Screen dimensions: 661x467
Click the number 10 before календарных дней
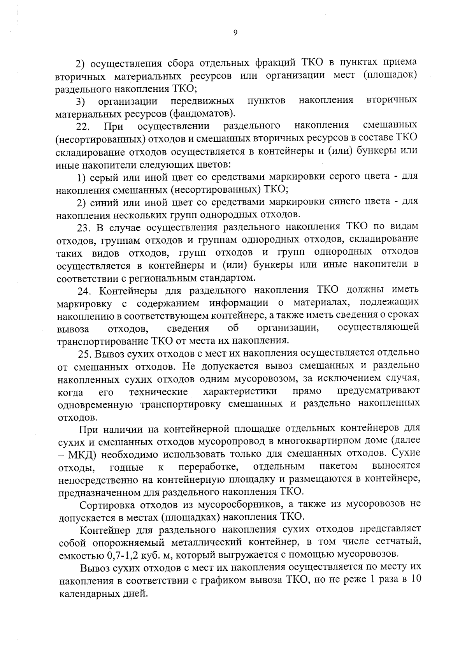tap(414, 580)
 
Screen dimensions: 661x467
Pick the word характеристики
tap(240, 391)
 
